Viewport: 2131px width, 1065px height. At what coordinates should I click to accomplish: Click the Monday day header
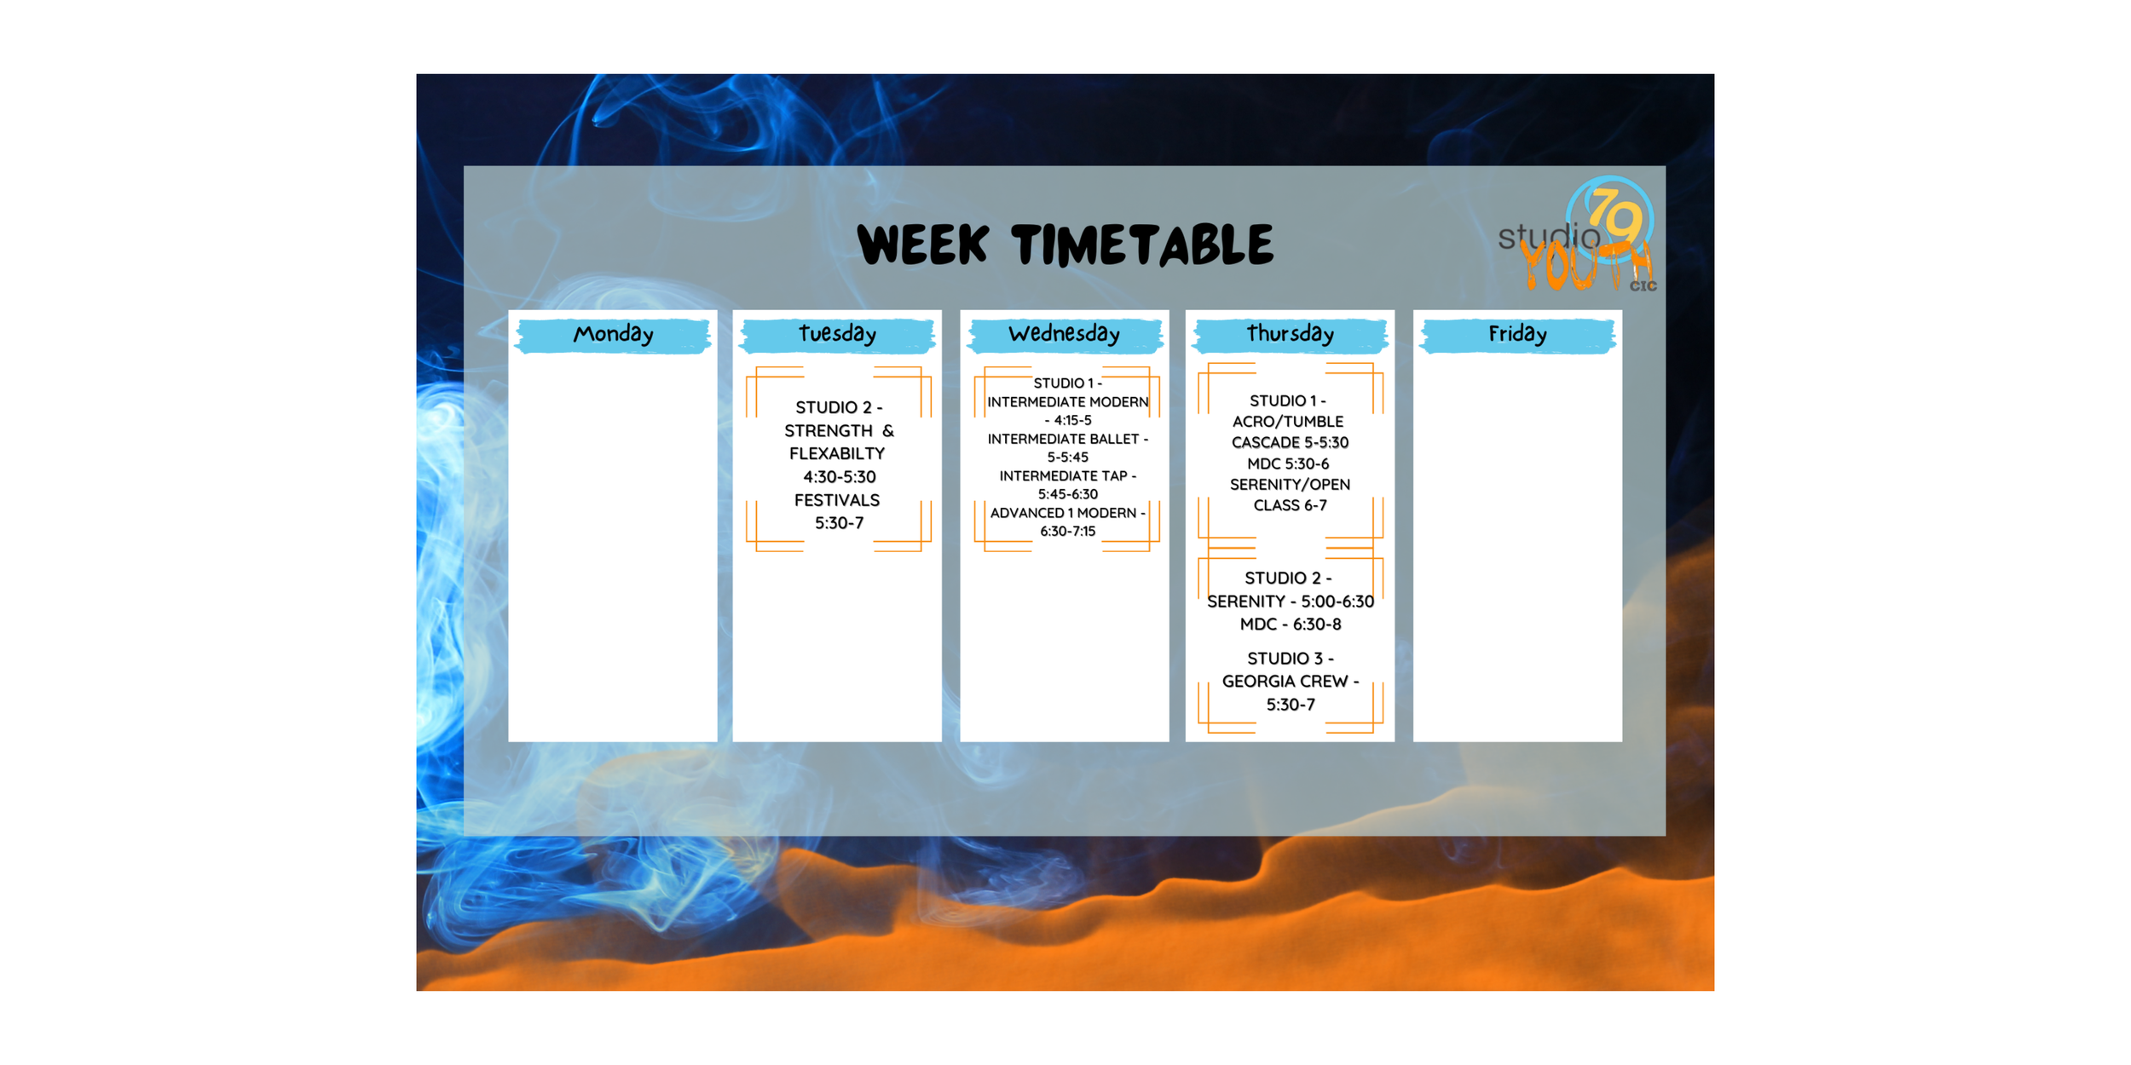[613, 334]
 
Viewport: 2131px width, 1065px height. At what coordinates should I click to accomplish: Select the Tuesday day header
[837, 334]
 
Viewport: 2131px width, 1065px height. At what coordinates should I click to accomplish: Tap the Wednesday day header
[1064, 334]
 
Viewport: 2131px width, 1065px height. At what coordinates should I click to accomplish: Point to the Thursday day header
[1290, 334]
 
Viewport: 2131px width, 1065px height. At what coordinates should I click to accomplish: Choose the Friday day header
[1517, 334]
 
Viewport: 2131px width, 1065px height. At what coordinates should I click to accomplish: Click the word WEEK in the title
[923, 245]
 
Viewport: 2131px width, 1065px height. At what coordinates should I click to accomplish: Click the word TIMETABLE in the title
[1142, 245]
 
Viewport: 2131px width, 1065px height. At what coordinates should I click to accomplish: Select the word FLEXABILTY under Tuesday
[837, 454]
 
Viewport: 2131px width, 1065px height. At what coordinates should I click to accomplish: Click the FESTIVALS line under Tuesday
[837, 500]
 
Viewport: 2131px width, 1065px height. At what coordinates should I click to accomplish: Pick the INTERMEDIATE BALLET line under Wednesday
[1067, 439]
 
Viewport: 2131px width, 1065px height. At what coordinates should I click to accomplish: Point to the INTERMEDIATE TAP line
[1067, 475]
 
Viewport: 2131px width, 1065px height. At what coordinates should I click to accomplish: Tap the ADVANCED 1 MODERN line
[1067, 513]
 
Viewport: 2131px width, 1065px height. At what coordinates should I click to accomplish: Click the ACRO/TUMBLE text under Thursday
[1288, 422]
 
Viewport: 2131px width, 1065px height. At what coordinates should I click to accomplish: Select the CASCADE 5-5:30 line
[1290, 443]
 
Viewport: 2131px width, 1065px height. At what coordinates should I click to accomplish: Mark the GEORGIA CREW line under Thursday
[1290, 682]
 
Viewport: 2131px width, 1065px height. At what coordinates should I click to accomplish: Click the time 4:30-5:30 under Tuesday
[839, 477]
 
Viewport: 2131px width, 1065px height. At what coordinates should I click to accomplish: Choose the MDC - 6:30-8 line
[1290, 625]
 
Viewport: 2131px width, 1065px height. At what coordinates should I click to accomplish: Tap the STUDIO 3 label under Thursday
[1290, 659]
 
